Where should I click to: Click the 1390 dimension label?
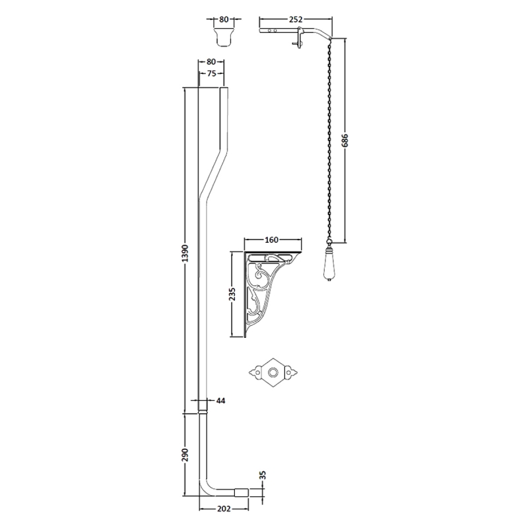tap(185, 253)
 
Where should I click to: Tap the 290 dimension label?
tap(185, 455)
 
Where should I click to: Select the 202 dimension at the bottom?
tap(224, 508)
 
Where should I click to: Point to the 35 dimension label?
tap(263, 475)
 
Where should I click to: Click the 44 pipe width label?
tap(221, 401)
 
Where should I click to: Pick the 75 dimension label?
tap(211, 73)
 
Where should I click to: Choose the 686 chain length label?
tap(345, 140)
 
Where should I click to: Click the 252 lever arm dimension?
tap(296, 20)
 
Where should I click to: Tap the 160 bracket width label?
tap(271, 240)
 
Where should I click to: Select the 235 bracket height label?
tap(232, 294)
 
